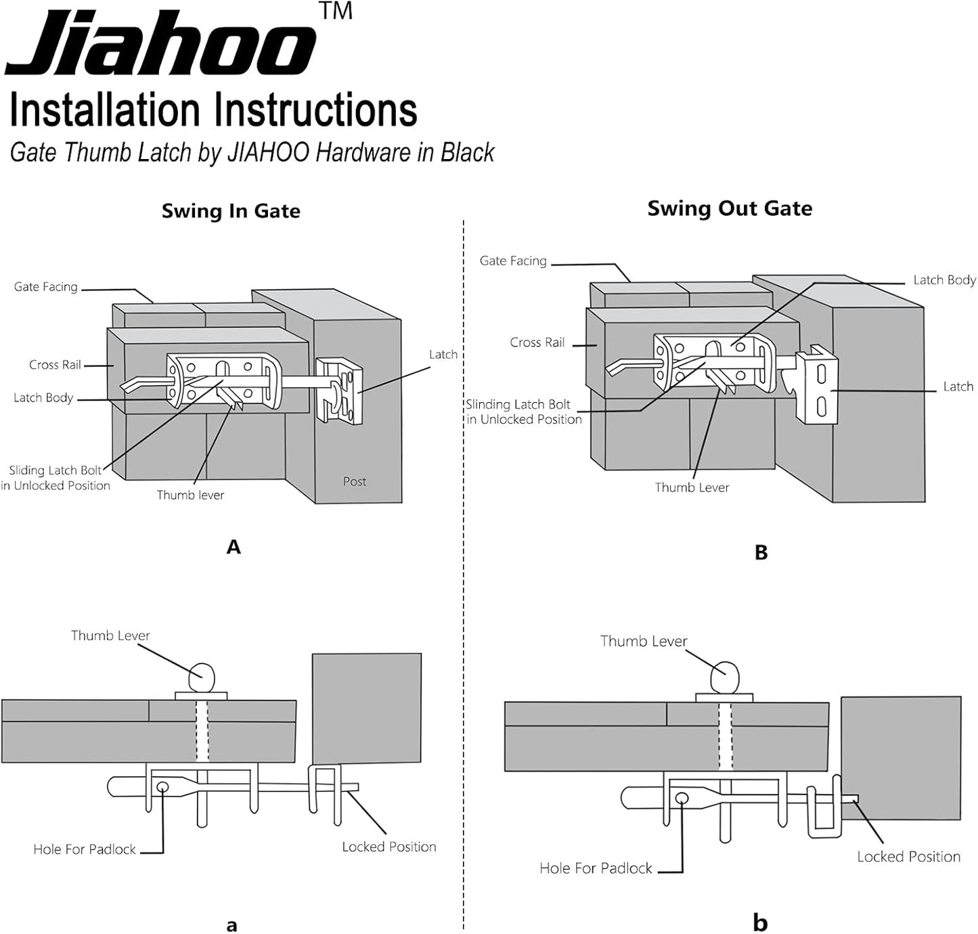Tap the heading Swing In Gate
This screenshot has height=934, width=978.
pyautogui.click(x=231, y=211)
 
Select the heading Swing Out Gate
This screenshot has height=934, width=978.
pyautogui.click(x=730, y=208)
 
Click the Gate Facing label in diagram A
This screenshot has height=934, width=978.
pyautogui.click(x=46, y=287)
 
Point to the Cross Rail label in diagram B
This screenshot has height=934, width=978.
pyautogui.click(x=537, y=342)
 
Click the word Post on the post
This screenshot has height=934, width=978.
pyautogui.click(x=355, y=481)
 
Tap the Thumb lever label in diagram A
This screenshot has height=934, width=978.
pyautogui.click(x=190, y=495)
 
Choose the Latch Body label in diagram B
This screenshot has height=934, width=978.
pyautogui.click(x=944, y=280)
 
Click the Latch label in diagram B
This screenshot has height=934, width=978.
pyautogui.click(x=958, y=386)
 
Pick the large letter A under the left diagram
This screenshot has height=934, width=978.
pyautogui.click(x=234, y=547)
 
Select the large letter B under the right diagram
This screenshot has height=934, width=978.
pyautogui.click(x=761, y=553)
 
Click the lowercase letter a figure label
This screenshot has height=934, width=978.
pyautogui.click(x=232, y=925)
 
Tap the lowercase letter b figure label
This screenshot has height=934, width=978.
pyautogui.click(x=760, y=922)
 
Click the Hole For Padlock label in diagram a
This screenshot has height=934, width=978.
pyautogui.click(x=85, y=849)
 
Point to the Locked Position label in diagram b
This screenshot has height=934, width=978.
pyautogui.click(x=908, y=857)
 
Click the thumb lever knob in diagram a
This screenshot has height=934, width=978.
pyautogui.click(x=202, y=675)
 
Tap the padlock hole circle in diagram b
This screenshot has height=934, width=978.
pyautogui.click(x=682, y=799)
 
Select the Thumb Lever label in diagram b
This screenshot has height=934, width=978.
pyautogui.click(x=643, y=641)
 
